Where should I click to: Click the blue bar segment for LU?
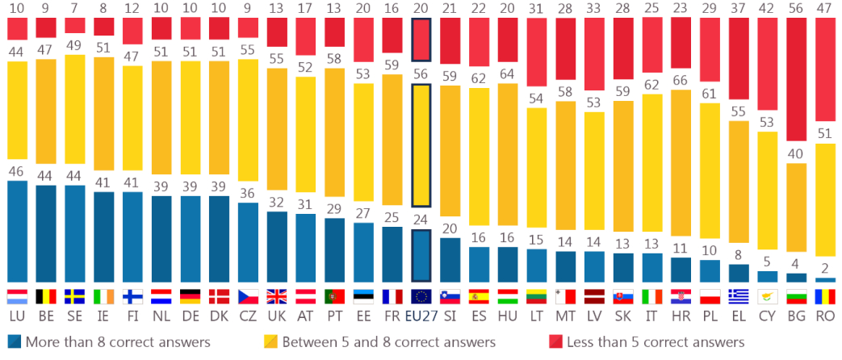coord(17,231)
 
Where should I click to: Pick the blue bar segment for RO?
coord(825,279)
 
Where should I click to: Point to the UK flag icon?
coord(277,295)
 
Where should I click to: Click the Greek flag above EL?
coord(738,295)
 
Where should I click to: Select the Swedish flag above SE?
coord(75,295)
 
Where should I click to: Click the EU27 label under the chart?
coord(421,310)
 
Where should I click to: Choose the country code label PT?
coord(334,310)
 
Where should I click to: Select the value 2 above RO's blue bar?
coord(825,268)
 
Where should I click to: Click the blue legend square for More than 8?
coord(13,341)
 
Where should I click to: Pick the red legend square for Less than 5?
coord(555,341)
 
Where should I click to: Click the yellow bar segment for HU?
coord(508,154)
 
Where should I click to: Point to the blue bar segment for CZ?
coord(249,241)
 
